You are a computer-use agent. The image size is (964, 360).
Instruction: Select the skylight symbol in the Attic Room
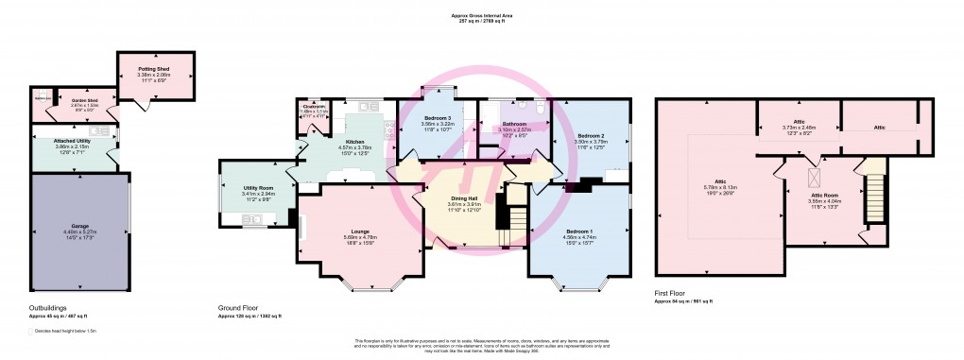click(x=811, y=176)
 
